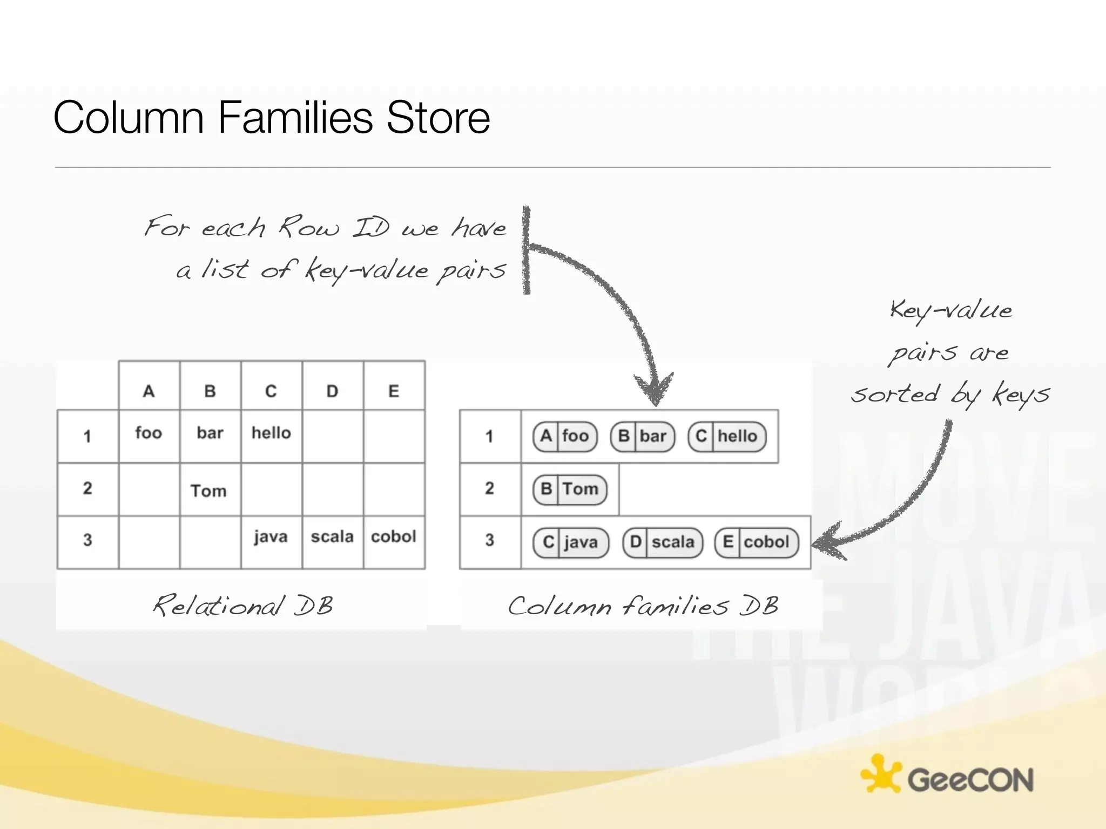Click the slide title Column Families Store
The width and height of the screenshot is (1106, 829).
tap(272, 117)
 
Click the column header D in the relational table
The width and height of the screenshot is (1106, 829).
tap(332, 391)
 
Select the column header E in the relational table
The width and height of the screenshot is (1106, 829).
tap(394, 391)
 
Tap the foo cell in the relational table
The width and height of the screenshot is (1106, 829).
tap(149, 433)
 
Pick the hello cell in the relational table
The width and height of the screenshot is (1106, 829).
tap(271, 433)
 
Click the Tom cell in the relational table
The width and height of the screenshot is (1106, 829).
tap(208, 491)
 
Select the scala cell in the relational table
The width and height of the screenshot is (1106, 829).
tap(332, 536)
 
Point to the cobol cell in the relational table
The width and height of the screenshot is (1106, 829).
tap(394, 536)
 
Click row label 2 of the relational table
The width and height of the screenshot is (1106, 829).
tap(87, 488)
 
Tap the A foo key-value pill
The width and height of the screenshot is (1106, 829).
tap(565, 436)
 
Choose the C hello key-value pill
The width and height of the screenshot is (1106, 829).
tap(727, 436)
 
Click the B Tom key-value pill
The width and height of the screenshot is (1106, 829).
tap(570, 489)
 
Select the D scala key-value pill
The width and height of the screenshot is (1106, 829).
tap(663, 542)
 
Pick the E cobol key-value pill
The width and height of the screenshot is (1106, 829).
tap(757, 542)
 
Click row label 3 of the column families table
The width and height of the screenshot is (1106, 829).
tap(489, 540)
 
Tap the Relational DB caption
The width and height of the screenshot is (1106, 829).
tap(243, 606)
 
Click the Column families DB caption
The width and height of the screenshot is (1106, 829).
tap(643, 606)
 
